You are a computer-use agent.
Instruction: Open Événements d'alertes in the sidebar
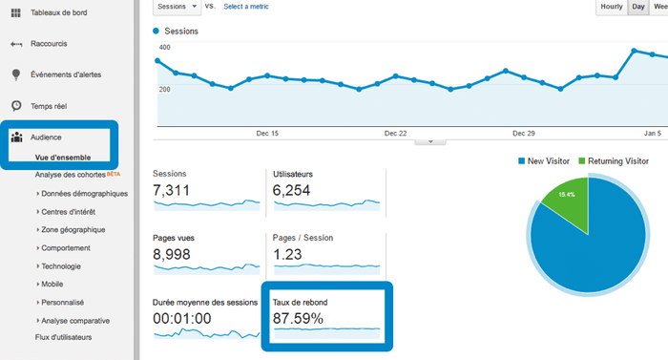point(78,74)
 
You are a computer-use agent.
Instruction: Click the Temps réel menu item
point(55,106)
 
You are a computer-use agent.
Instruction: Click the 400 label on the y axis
point(164,47)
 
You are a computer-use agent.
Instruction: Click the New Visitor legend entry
point(548,160)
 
